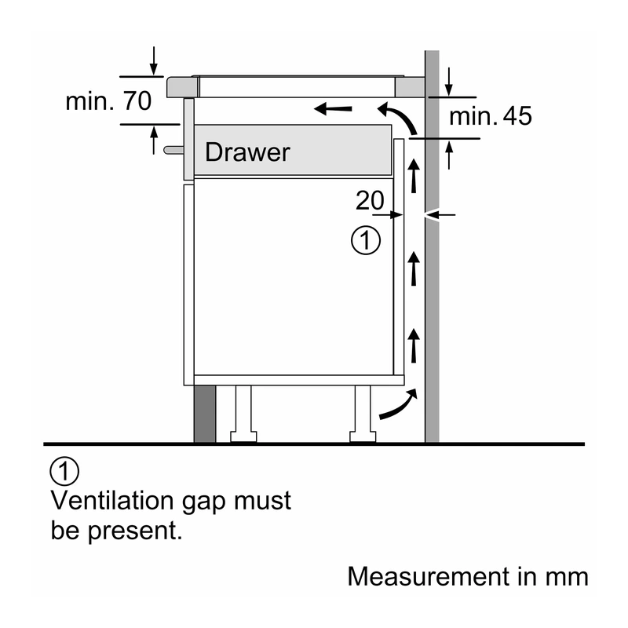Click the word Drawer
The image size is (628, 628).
point(247,152)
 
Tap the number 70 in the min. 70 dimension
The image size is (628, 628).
point(137,101)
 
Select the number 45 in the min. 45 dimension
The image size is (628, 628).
point(517,116)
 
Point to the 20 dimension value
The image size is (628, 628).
point(370,200)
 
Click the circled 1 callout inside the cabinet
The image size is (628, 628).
point(366,240)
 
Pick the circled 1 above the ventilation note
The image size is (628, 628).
point(64,471)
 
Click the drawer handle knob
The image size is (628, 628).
point(173,150)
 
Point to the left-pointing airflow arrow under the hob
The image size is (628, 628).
point(333,108)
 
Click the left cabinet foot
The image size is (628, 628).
point(243,414)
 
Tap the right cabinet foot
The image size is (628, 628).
point(363,414)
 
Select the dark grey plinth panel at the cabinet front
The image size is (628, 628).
point(205,414)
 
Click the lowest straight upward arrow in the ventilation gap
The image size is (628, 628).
point(414,345)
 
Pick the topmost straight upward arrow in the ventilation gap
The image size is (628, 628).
point(414,176)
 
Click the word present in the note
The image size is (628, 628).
point(134,532)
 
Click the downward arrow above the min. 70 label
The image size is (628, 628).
point(154,61)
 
